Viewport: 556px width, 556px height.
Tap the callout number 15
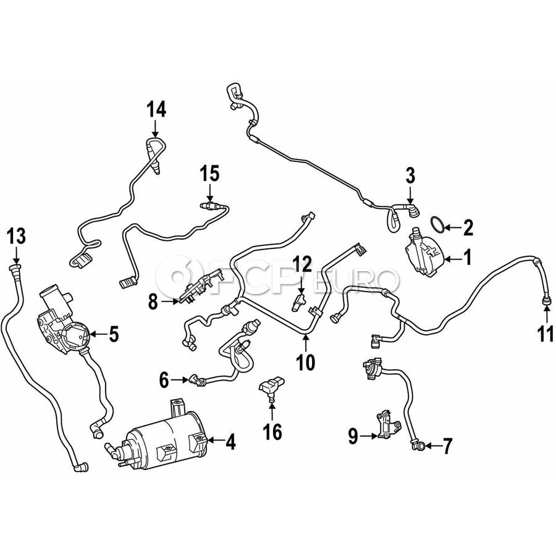(x=209, y=174)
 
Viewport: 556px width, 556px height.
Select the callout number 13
(x=17, y=236)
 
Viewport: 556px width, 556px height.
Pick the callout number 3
(x=410, y=176)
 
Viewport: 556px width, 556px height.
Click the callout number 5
(x=114, y=334)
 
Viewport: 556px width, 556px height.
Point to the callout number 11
(x=545, y=334)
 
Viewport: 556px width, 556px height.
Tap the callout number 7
(x=447, y=445)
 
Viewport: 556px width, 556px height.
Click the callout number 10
(x=306, y=362)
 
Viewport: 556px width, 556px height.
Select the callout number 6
(x=164, y=381)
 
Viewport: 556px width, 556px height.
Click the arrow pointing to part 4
(x=216, y=440)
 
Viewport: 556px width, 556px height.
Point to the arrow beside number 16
(x=272, y=411)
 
